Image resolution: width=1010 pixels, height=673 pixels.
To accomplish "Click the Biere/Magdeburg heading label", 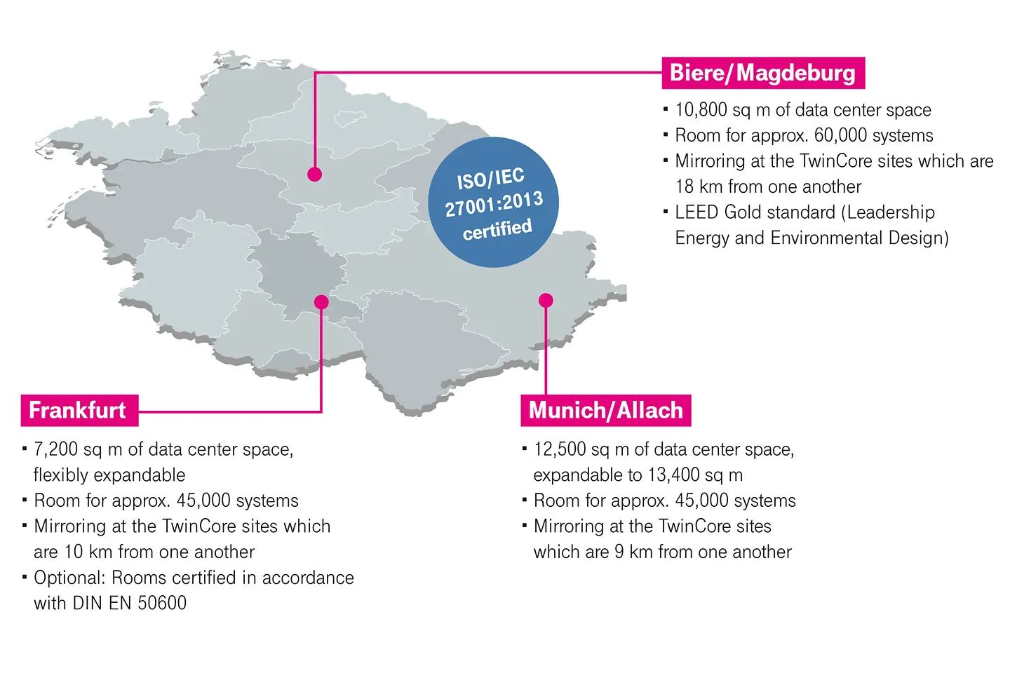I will pos(762,73).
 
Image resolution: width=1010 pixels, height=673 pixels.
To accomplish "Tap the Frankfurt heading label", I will pos(78,410).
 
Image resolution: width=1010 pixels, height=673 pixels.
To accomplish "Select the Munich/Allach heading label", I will pos(605,410).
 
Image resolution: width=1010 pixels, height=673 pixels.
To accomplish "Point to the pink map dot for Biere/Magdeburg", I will pos(314,174).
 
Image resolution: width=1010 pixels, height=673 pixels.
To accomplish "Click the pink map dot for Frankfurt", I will pos(321,302).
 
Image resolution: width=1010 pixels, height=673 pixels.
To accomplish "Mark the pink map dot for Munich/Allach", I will pos(546,301).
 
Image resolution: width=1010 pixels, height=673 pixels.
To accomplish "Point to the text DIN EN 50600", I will pos(130,603).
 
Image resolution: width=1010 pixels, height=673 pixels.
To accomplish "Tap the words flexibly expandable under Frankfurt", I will pos(109,475).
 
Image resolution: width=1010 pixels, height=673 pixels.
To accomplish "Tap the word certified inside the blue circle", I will pos(497,229).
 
